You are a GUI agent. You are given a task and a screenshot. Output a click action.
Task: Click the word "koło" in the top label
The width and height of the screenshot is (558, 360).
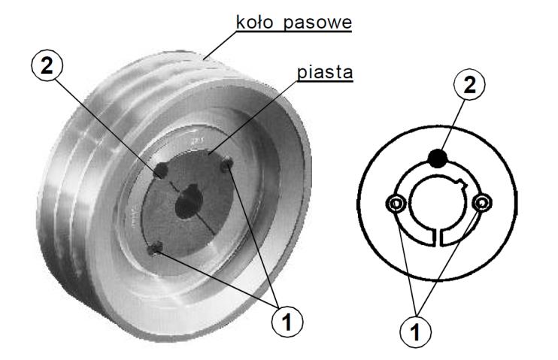(x=255, y=22)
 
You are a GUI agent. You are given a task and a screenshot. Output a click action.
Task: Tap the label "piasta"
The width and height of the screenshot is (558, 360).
(x=325, y=72)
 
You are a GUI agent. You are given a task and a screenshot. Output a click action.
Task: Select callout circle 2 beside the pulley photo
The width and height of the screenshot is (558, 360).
(x=47, y=66)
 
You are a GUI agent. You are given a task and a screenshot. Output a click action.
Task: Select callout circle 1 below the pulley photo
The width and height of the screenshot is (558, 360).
(x=287, y=322)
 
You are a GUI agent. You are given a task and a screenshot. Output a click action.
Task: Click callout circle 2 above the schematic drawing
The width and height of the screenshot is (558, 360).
(x=469, y=86)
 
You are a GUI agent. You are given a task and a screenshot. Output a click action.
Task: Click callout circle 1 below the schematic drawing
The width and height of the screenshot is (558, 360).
(x=415, y=332)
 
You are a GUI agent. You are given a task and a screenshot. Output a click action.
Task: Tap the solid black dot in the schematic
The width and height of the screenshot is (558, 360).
(x=438, y=159)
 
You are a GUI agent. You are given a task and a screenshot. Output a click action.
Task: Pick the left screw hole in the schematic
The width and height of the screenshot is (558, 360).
(x=396, y=204)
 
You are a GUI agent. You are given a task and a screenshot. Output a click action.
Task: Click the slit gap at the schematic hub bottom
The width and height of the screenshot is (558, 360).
(x=438, y=237)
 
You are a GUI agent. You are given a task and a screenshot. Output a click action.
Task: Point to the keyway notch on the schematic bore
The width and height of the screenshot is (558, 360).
(x=462, y=184)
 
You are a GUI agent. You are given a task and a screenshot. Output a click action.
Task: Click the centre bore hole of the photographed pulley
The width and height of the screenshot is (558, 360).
(x=188, y=201)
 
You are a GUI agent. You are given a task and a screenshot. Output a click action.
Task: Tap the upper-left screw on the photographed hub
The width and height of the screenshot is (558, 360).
(x=161, y=171)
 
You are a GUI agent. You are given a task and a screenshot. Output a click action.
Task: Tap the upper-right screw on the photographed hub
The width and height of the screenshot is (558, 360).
(x=226, y=165)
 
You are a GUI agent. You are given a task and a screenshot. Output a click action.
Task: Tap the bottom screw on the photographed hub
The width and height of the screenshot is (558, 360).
(x=155, y=248)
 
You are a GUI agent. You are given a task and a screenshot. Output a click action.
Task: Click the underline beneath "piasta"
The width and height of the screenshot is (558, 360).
(x=325, y=81)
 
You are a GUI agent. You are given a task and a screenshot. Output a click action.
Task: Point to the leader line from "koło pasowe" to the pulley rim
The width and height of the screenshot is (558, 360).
(x=220, y=46)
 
